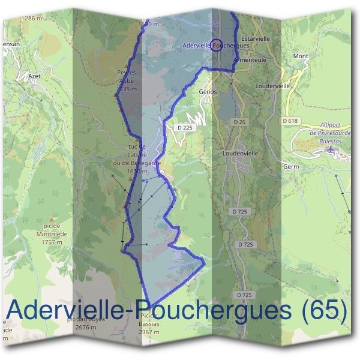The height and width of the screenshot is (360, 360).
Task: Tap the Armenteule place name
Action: point(250,59)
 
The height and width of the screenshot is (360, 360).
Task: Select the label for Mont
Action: point(301,56)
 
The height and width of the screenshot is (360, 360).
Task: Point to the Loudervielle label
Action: point(272,86)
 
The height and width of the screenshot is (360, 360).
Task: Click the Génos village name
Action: point(207,92)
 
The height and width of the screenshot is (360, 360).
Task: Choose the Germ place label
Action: point(291,166)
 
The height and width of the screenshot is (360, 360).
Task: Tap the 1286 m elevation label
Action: point(34,19)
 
